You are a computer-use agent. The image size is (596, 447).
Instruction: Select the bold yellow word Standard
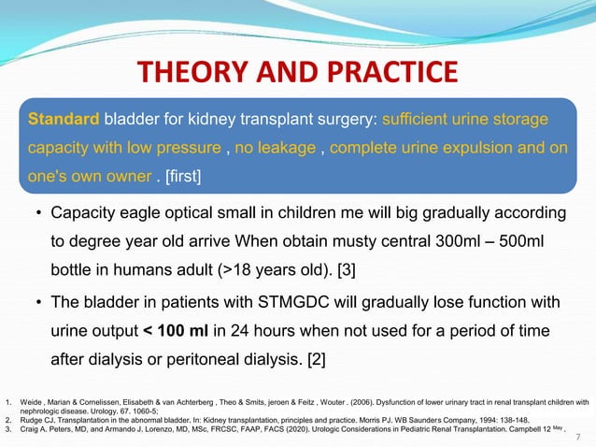point(64,120)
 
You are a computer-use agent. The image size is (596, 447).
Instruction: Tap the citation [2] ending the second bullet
point(326,361)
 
